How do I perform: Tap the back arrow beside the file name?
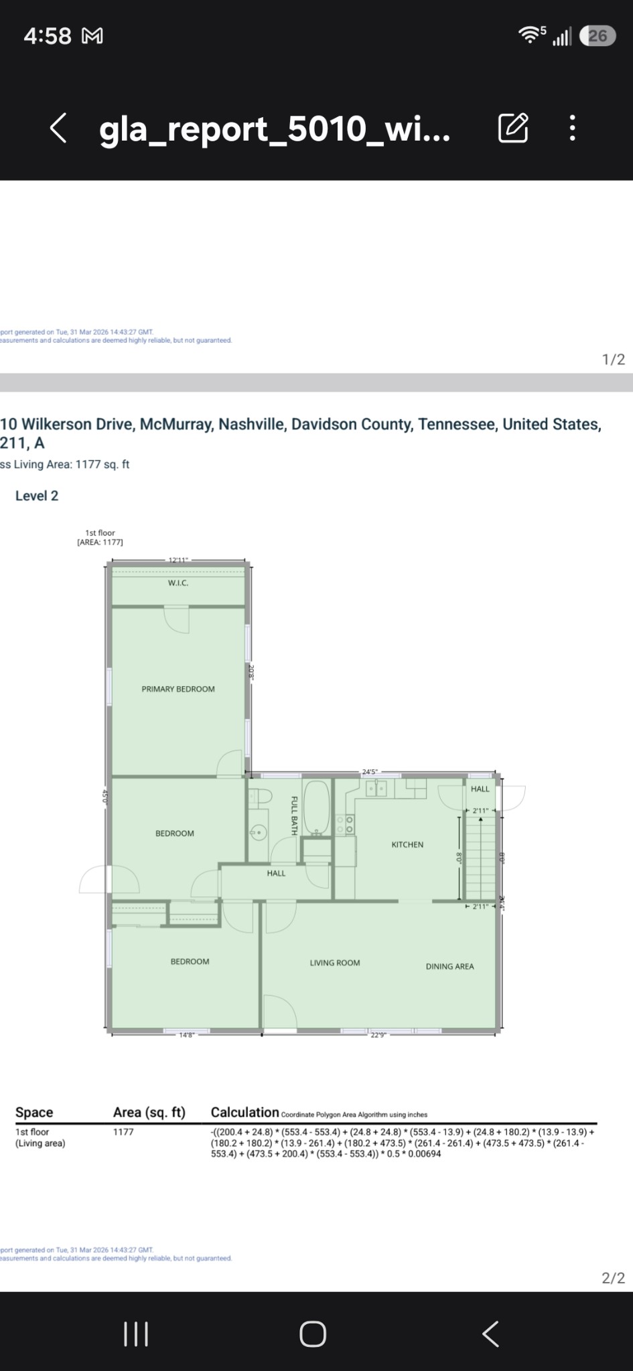pyautogui.click(x=58, y=128)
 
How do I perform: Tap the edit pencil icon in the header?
pyautogui.click(x=513, y=128)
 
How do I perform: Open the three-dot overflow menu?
pyautogui.click(x=572, y=128)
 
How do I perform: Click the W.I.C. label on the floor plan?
pyautogui.click(x=178, y=583)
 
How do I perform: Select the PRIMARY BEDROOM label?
pyautogui.click(x=178, y=689)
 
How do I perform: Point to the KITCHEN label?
pyautogui.click(x=407, y=845)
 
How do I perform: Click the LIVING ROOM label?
pyautogui.click(x=335, y=963)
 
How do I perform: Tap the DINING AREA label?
pyautogui.click(x=449, y=967)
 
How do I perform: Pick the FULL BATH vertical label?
pyautogui.click(x=293, y=815)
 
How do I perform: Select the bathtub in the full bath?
pyautogui.click(x=317, y=807)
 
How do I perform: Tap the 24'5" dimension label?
pyautogui.click(x=370, y=772)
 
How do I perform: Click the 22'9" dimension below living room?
pyautogui.click(x=378, y=1035)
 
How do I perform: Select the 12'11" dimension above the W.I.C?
pyautogui.click(x=178, y=560)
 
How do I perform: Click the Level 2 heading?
pyautogui.click(x=37, y=496)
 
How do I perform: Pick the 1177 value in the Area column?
pyautogui.click(x=123, y=1132)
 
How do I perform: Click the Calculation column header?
pyautogui.click(x=244, y=1113)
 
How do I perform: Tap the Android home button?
pyautogui.click(x=313, y=1334)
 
